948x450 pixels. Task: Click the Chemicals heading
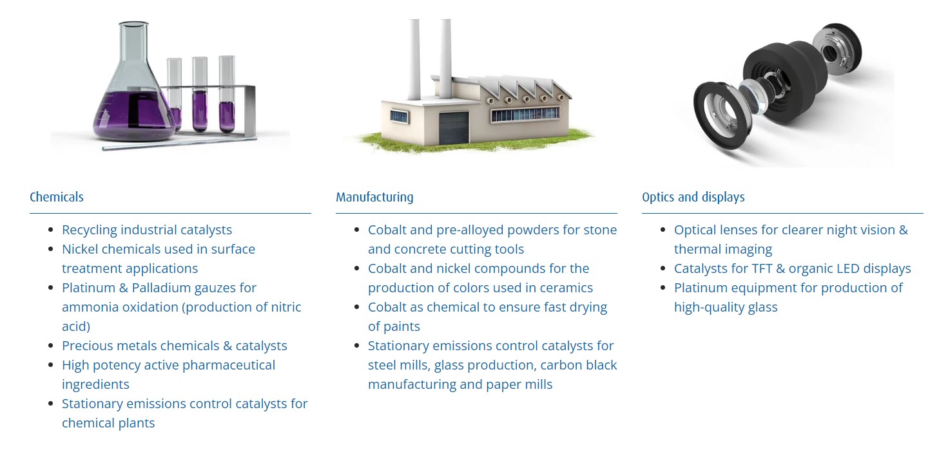56,197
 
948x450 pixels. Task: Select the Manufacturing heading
374,198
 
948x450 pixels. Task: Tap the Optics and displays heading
693,198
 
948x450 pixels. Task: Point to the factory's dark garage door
454,127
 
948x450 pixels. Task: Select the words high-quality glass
726,308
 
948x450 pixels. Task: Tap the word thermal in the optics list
697,250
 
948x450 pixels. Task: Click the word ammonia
90,308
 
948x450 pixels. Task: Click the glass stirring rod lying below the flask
179,143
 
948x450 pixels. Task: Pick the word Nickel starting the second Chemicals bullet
80,250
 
